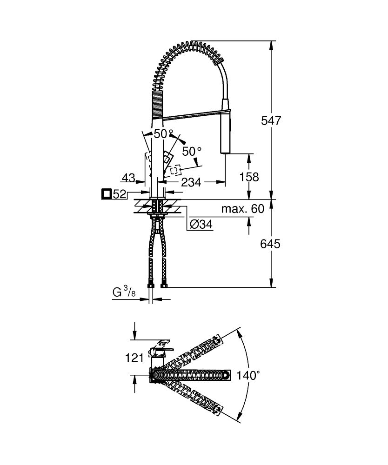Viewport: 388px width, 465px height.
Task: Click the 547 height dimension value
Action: [271, 121]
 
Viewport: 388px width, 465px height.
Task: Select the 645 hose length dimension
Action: [271, 243]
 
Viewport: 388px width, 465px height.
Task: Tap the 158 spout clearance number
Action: [249, 177]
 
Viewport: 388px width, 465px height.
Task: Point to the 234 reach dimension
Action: [191, 183]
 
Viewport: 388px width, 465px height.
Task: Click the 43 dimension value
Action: [128, 178]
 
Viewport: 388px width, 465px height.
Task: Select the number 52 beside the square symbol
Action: [120, 194]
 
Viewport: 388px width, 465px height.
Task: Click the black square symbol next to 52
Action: [107, 193]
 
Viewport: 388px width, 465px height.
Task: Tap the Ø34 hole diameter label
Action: [201, 224]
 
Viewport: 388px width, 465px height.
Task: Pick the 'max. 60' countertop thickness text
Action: [242, 209]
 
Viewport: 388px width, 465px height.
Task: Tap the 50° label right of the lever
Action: [192, 152]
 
